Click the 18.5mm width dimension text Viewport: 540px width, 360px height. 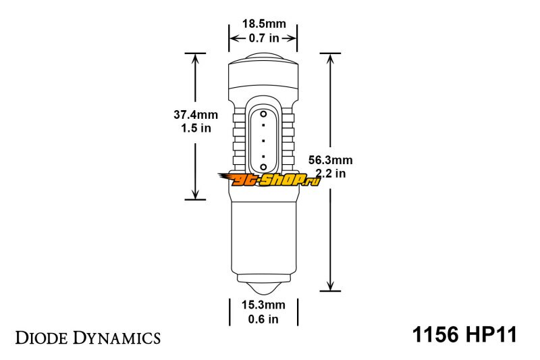264,24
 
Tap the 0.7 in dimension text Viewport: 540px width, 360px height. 264,38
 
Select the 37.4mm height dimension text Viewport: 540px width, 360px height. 196,114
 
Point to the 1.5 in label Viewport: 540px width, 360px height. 196,128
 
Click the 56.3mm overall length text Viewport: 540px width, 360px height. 330,160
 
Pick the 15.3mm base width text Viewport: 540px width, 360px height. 263,305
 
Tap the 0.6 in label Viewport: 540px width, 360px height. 263,319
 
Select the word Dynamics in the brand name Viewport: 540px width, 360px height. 117,338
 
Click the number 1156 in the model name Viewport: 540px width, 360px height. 435,334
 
